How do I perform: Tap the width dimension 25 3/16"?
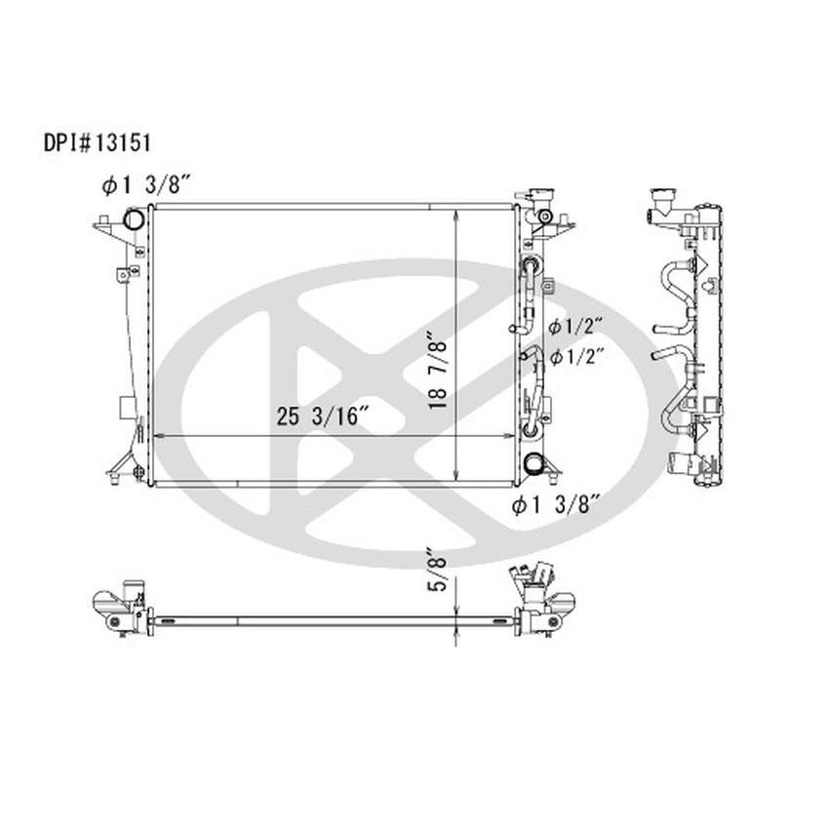coord(321,416)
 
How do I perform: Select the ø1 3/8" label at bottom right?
coord(557,504)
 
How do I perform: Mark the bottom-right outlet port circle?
coord(533,465)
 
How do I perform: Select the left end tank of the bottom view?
coord(119,607)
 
